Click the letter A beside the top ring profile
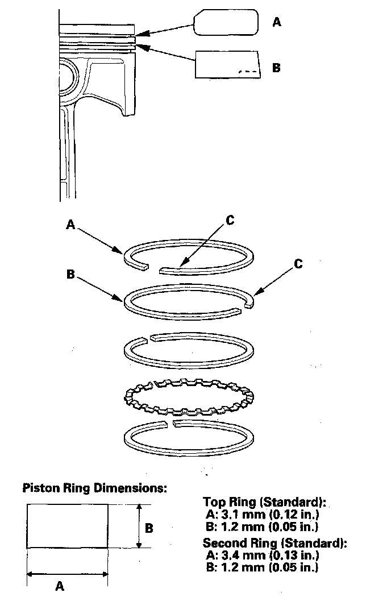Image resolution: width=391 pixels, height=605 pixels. (x=277, y=22)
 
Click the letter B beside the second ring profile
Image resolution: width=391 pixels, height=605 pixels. (x=277, y=68)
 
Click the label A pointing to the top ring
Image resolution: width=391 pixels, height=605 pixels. (x=70, y=225)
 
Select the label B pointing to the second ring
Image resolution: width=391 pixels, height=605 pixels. (x=70, y=274)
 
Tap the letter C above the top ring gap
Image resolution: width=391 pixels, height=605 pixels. (x=230, y=221)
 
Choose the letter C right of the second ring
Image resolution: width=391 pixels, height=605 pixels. (x=298, y=264)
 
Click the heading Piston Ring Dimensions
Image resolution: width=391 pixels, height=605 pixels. (x=94, y=488)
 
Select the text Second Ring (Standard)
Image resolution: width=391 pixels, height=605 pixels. (x=275, y=543)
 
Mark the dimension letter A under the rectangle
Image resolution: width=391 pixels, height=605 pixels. (x=59, y=587)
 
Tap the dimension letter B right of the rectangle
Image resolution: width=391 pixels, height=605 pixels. (x=149, y=528)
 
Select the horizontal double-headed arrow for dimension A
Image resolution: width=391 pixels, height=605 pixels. (x=67, y=574)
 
